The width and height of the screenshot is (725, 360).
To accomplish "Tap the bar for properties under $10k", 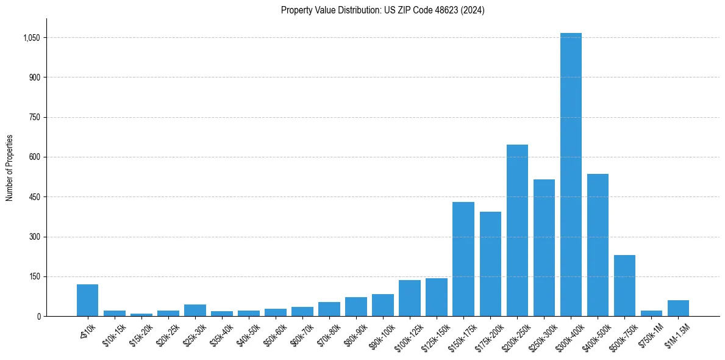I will point(87,300).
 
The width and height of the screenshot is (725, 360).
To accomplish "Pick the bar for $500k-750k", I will point(624,286).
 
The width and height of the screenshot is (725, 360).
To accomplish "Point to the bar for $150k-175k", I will point(463,259).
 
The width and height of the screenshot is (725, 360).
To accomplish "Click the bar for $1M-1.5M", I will point(678,308).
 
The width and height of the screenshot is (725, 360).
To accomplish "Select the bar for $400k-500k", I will point(598,245).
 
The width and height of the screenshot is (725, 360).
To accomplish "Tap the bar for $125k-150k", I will point(437,297).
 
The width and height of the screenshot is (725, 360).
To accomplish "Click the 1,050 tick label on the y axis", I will point(30,38).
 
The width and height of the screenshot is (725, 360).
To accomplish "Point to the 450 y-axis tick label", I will point(34,197).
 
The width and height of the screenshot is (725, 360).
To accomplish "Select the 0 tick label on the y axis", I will point(38,317).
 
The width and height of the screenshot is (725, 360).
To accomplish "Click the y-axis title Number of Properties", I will point(9,168).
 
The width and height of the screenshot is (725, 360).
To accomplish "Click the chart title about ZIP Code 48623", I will point(383,10).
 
